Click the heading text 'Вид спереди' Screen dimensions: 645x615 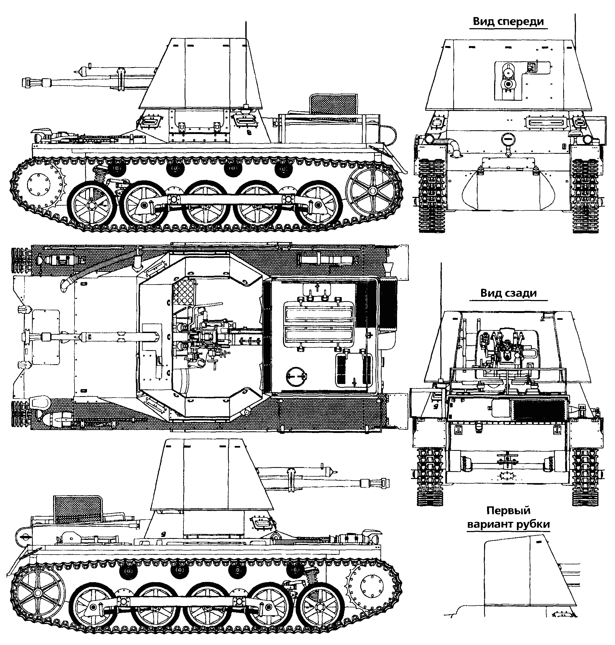[x=508, y=22]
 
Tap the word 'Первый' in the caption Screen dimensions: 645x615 [x=508, y=511]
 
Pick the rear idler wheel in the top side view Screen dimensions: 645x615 [x=372, y=191]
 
